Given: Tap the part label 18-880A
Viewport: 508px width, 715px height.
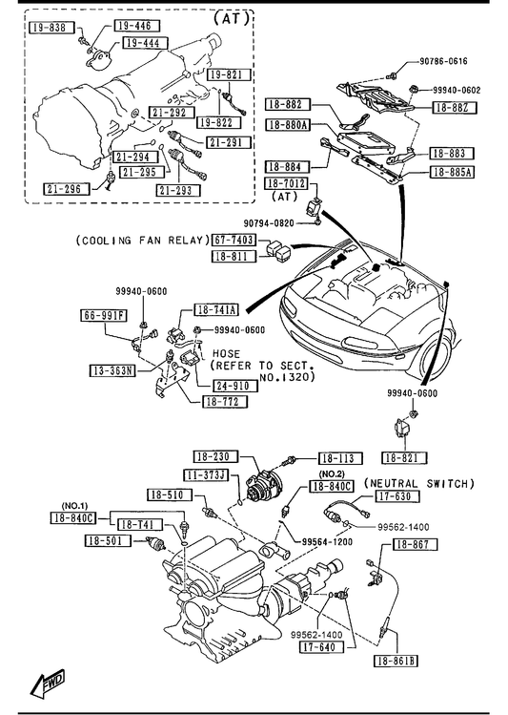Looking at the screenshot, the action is (288, 124).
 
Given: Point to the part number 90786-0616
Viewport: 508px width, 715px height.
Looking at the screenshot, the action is (443, 61).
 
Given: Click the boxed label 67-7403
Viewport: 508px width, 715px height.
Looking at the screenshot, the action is (234, 240).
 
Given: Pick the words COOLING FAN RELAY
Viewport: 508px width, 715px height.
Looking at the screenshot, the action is (143, 241).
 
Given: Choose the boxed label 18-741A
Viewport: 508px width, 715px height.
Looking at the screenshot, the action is (216, 310).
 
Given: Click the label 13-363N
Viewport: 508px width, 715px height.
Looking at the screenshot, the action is (112, 370).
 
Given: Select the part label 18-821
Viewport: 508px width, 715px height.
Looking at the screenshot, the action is (404, 457).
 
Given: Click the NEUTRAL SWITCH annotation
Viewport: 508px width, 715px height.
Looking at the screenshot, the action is (419, 483).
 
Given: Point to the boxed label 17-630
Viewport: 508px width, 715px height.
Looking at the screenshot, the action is (396, 496).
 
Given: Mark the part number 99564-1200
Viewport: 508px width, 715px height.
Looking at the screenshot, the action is (327, 541).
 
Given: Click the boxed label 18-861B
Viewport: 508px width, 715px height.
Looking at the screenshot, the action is (396, 661).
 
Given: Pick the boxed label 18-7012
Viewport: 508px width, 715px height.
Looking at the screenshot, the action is (287, 184).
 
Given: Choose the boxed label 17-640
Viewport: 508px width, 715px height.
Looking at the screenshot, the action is (321, 646).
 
